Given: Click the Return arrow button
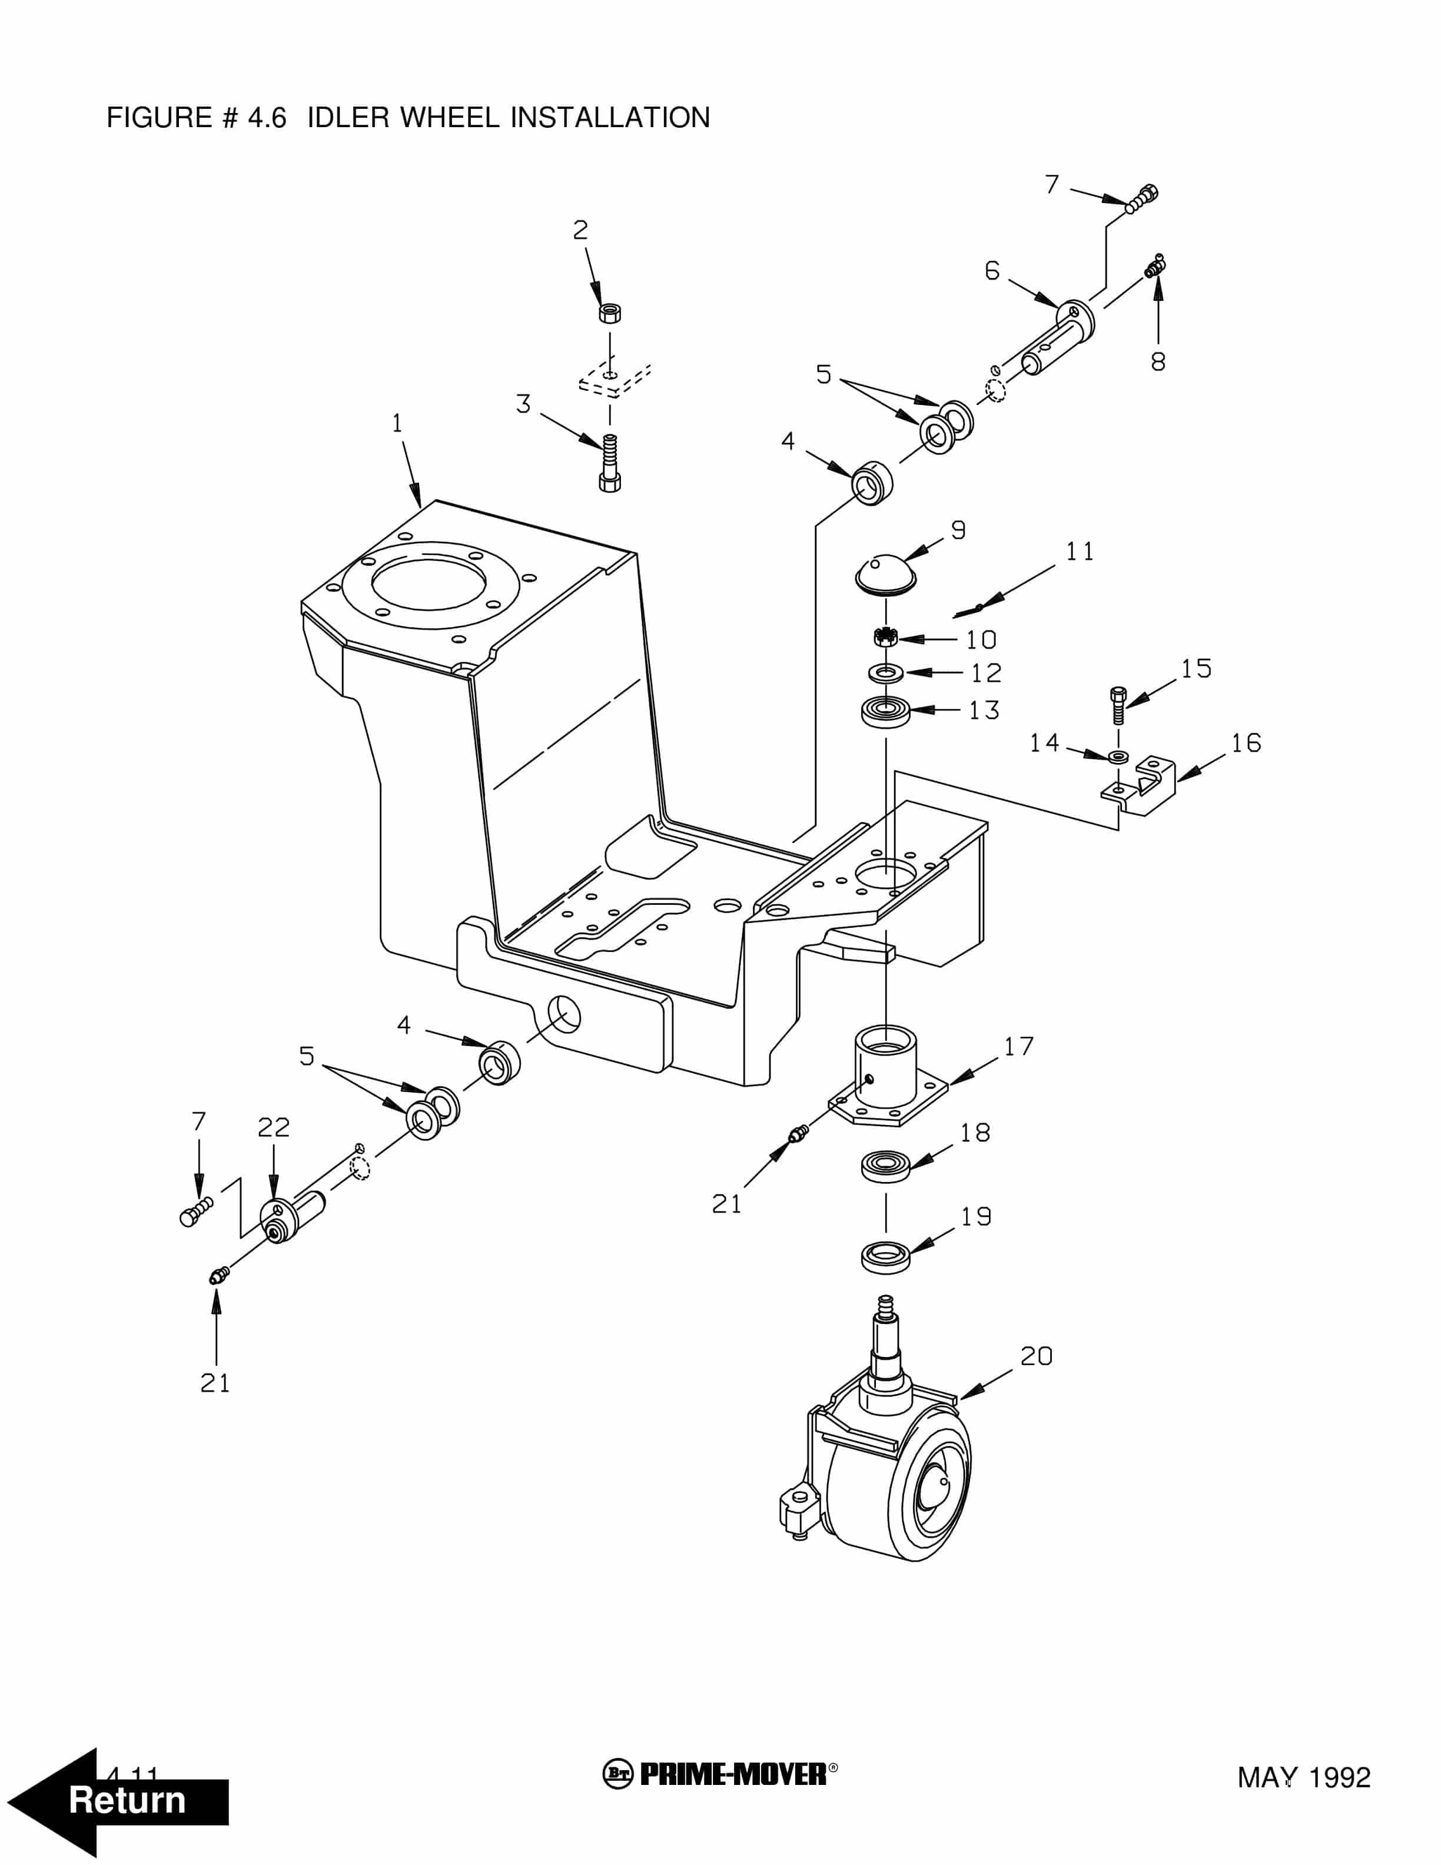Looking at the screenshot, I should [119, 1802].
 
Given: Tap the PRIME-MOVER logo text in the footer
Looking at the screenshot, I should [732, 1774].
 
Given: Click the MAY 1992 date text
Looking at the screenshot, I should [1304, 1778].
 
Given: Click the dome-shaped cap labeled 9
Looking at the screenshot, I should [885, 571].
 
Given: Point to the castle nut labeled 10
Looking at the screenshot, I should [885, 637].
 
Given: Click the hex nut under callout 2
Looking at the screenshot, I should [609, 313].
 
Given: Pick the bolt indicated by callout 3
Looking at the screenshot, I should [609, 464].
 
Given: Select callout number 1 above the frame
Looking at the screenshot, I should [397, 423].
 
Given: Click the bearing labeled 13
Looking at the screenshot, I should [885, 711].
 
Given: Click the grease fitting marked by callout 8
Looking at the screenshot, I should [1156, 267].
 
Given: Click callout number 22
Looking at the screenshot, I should [273, 1127].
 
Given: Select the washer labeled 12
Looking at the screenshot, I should [886, 673].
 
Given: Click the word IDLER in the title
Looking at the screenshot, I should [349, 118].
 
